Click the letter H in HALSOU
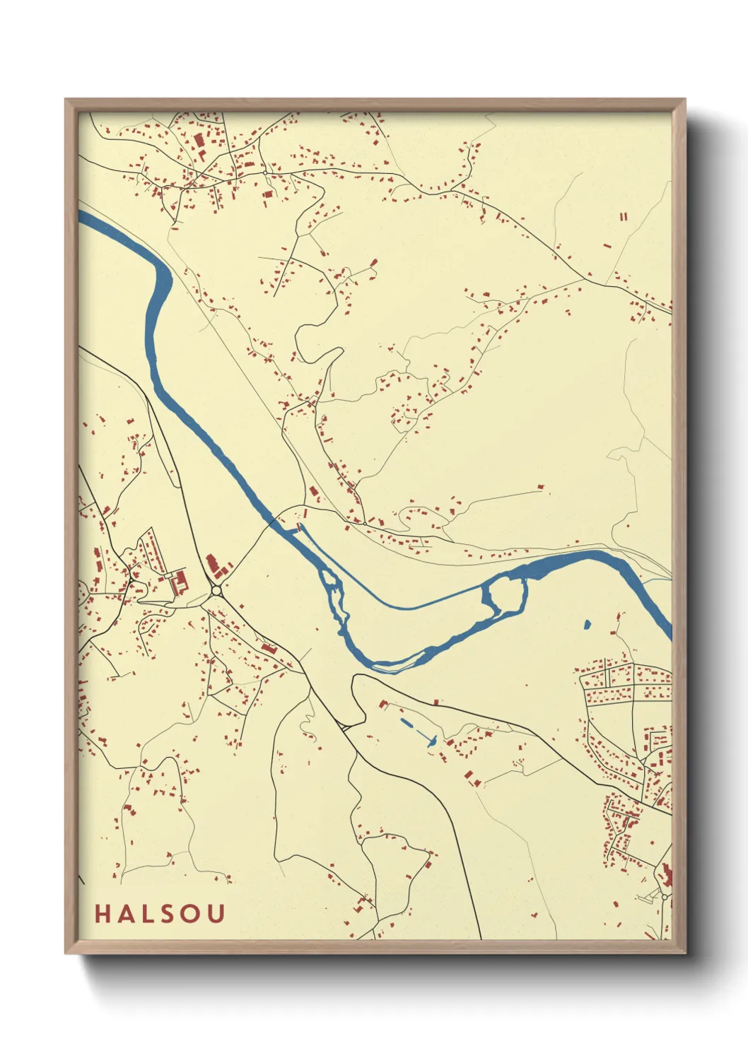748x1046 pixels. (103, 914)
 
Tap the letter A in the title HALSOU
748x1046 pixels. (127, 914)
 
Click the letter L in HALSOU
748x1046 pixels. (150, 914)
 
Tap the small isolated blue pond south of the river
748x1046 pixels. (587, 624)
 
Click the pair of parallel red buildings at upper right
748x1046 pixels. (623, 217)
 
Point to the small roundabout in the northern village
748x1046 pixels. (265, 172)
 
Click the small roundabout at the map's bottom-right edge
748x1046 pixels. (664, 896)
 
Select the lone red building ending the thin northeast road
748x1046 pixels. (541, 487)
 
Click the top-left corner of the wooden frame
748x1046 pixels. (66, 100)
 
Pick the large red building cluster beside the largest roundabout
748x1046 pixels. (212, 565)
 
